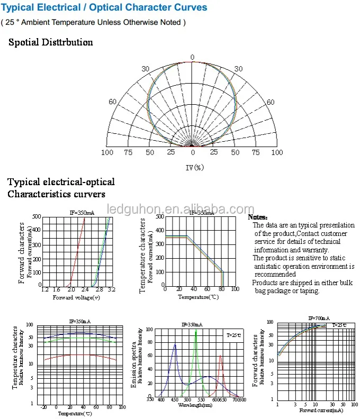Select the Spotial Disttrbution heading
coord(50,42)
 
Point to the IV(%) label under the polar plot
coord(194,167)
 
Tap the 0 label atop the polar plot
coord(192,57)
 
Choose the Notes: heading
coord(258,217)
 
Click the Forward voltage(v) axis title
coord(76,297)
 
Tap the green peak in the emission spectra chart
coord(196,331)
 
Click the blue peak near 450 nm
coord(175,345)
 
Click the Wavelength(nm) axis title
coord(195,405)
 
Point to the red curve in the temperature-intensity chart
coord(79,355)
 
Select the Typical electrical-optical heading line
coord(61,182)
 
